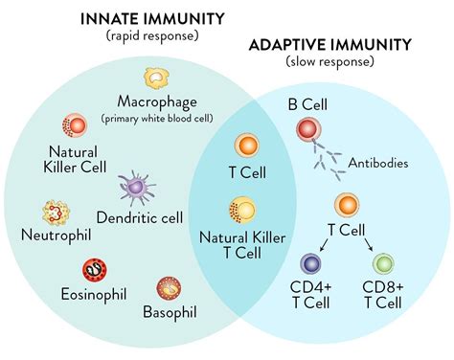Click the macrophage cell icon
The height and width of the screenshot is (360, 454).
(157, 80)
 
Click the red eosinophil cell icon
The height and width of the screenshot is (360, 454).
(95, 271)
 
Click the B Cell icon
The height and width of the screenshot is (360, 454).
(309, 131)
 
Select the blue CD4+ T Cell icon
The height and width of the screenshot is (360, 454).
(311, 265)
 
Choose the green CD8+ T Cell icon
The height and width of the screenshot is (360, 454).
(382, 265)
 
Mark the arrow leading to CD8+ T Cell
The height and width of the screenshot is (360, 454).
(369, 244)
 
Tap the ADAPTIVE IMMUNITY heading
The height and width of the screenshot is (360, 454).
(344, 44)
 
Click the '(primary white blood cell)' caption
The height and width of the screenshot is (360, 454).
(157, 119)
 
